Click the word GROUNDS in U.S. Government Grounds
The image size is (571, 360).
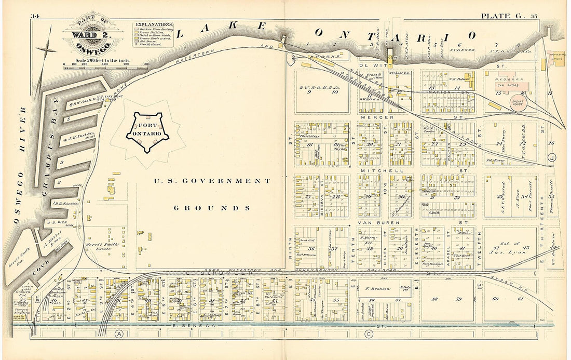tap(212, 208)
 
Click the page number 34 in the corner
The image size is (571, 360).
tap(35, 16)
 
